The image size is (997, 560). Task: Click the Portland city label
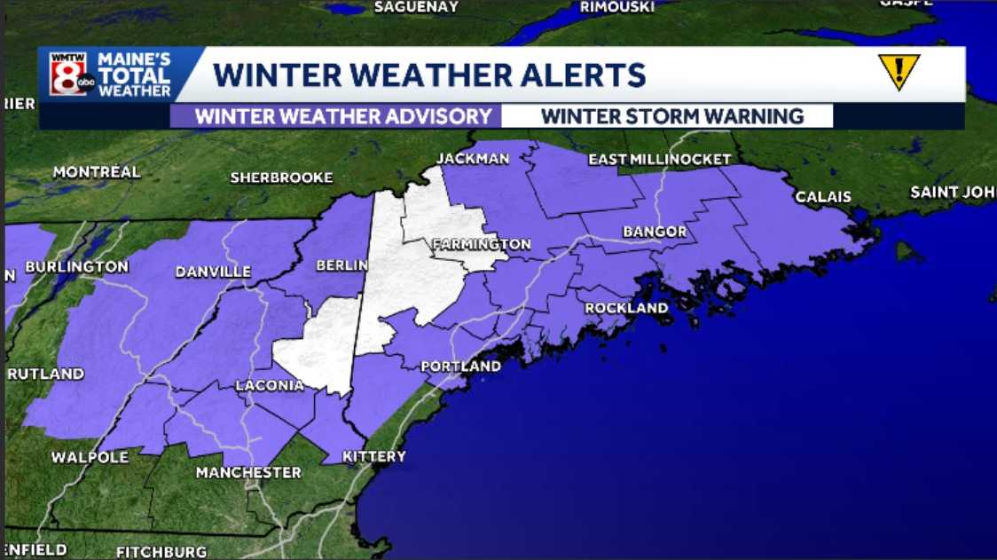tap(460, 367)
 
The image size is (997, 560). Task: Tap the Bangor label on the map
tap(655, 232)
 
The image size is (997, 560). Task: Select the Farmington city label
tap(481, 244)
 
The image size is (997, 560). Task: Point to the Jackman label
tap(473, 159)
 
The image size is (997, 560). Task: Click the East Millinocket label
tap(659, 160)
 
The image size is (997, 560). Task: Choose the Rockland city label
tap(626, 308)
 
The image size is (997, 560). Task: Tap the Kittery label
tap(374, 457)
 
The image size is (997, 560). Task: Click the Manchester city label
tap(248, 472)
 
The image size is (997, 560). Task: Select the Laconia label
tap(270, 386)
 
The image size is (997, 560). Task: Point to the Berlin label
tap(341, 265)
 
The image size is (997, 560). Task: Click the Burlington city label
tap(77, 266)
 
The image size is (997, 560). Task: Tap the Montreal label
tap(97, 172)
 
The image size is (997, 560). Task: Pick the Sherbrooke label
tap(281, 177)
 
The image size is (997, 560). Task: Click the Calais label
tap(822, 197)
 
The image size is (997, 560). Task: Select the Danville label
tap(213, 272)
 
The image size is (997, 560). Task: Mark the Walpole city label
tap(90, 458)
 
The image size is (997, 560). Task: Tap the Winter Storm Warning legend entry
tap(671, 116)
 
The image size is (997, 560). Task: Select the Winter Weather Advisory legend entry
tap(342, 116)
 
